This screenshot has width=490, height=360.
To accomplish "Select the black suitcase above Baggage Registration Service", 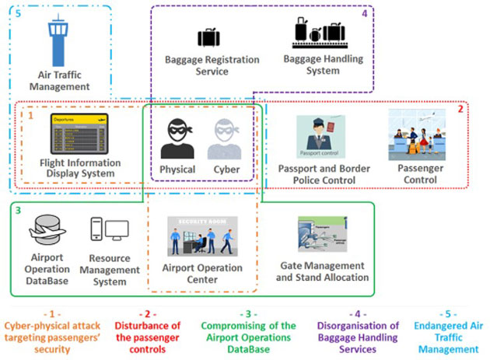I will coord(208,37).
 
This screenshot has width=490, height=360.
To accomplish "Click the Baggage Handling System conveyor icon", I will coord(318,33).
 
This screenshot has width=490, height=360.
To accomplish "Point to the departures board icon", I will coord(75,135).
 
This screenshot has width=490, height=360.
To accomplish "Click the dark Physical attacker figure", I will coord(177,138).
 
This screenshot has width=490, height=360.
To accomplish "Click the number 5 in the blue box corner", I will coord(18,15).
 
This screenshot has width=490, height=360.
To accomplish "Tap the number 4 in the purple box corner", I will coord(364,13).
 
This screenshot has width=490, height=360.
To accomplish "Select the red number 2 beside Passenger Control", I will coord(460,109).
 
